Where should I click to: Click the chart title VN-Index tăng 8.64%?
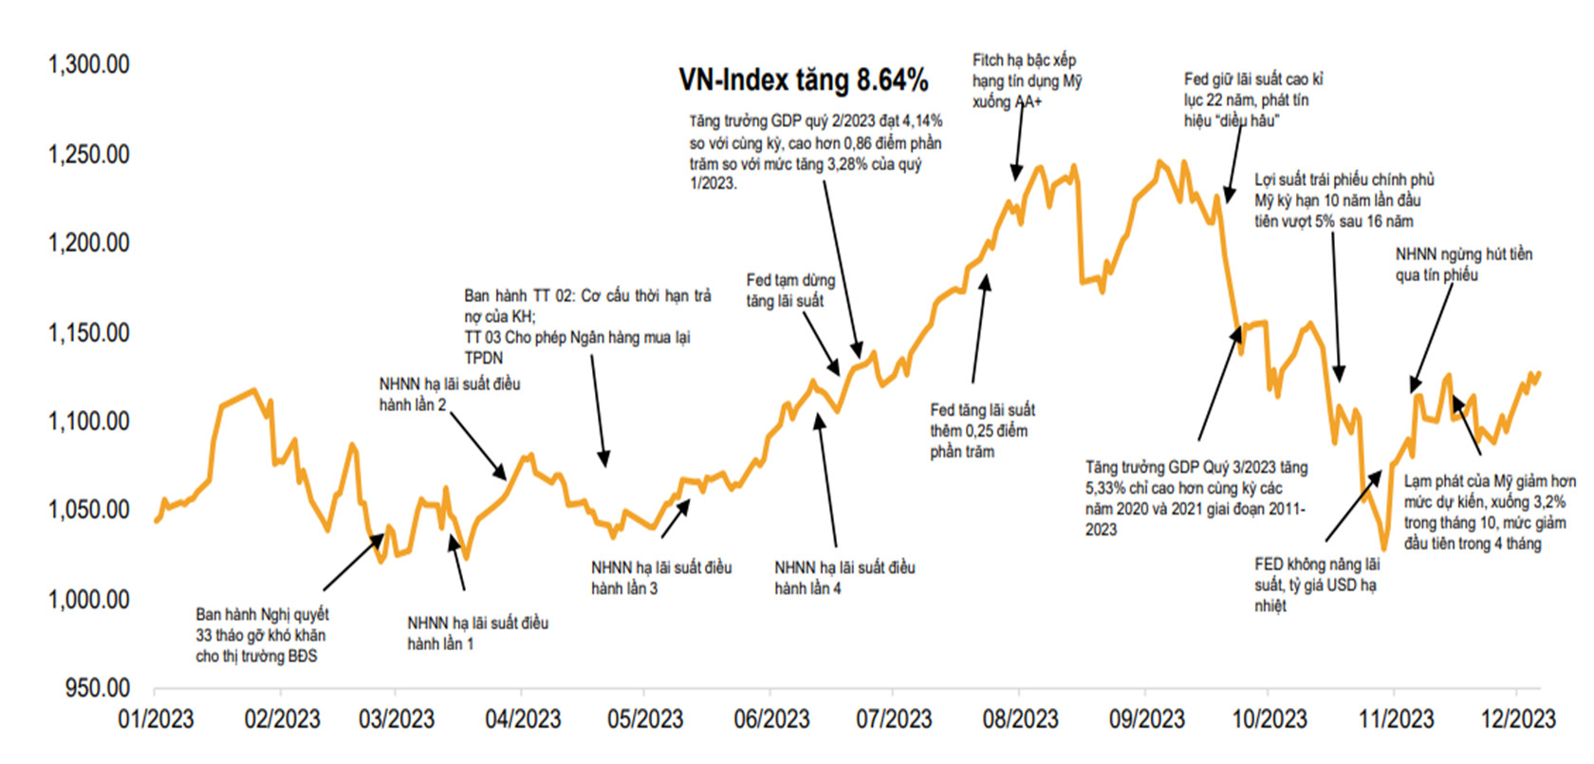pyautogui.click(x=803, y=81)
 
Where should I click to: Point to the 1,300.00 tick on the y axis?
pyautogui.click(x=88, y=65)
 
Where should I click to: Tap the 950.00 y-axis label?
pyautogui.click(x=97, y=687)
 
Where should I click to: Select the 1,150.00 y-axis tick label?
pyautogui.click(x=88, y=332)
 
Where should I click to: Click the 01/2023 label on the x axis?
pyautogui.click(x=156, y=719)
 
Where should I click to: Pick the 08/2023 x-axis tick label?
pyautogui.click(x=1020, y=719)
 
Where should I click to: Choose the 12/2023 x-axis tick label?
pyautogui.click(x=1518, y=719)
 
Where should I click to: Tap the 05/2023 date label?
pyautogui.click(x=645, y=719)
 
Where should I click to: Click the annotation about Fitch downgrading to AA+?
pyautogui.click(x=1027, y=81)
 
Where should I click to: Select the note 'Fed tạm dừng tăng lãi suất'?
pyautogui.click(x=790, y=290)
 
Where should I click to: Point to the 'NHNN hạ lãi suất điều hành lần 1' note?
pyautogui.click(x=477, y=633)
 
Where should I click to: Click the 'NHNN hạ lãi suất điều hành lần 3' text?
pyautogui.click(x=661, y=577)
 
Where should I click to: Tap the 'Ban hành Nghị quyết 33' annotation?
pyautogui.click(x=261, y=635)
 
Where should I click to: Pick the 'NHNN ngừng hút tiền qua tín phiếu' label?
pyautogui.click(x=1463, y=264)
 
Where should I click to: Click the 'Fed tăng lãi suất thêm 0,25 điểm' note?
pyautogui.click(x=982, y=430)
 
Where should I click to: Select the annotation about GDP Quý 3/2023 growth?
pyautogui.click(x=1196, y=498)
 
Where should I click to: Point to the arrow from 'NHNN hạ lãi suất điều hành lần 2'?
pyautogui.click(x=477, y=446)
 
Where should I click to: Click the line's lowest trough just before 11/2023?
pyautogui.click(x=1383, y=548)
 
